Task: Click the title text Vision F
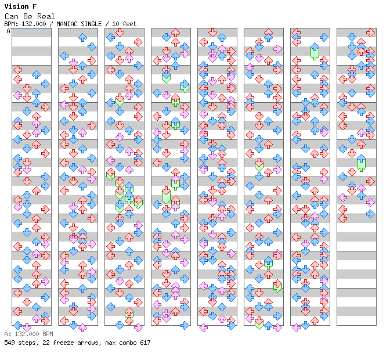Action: pos(20,6)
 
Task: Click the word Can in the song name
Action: pos(12,16)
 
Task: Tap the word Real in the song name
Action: pos(46,16)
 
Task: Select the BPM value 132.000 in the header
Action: pos(34,24)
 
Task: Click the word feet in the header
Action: pos(129,24)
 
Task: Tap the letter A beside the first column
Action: pos(9,31)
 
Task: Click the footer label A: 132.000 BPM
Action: pos(28,334)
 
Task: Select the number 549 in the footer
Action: pos(9,343)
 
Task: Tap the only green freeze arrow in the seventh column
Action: pos(315,51)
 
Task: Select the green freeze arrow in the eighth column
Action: pos(361,163)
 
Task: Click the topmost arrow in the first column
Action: pos(17,70)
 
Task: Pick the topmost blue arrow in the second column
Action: pos(82,38)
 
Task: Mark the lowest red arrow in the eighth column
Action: pos(342,219)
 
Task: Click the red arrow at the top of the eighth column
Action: pos(370,33)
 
